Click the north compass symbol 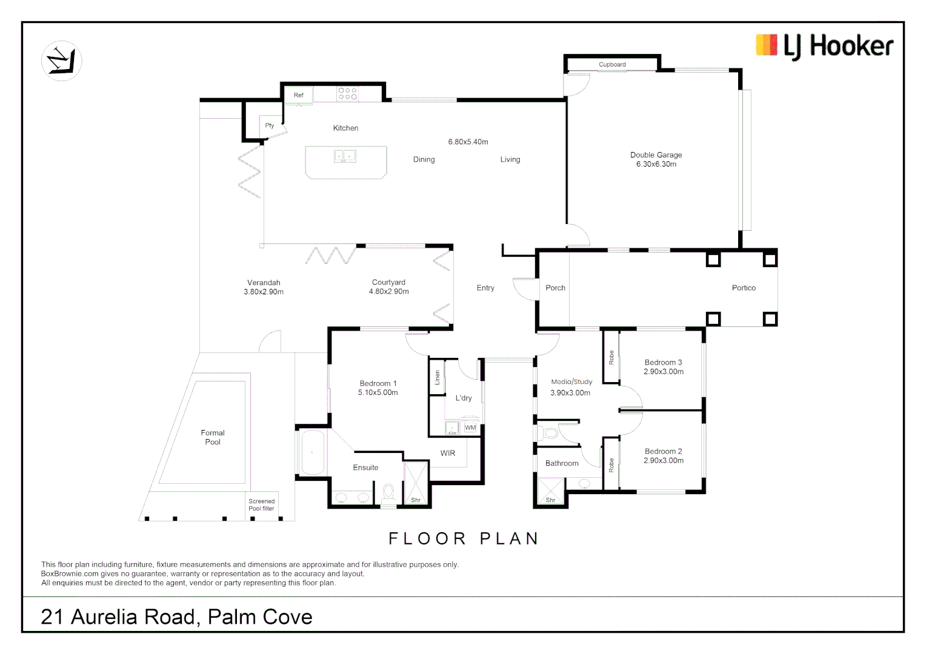tap(62, 61)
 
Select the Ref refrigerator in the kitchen tap(299, 95)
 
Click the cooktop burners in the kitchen tap(347, 94)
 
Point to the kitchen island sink tap(345, 156)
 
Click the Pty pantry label tap(270, 125)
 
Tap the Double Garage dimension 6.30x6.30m tap(656, 164)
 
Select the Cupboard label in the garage tap(612, 64)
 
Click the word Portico tap(744, 288)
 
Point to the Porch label tap(555, 288)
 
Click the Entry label tap(485, 288)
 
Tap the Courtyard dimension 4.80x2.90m tap(388, 291)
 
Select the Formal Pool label tap(213, 437)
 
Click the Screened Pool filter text tap(261, 505)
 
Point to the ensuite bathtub tap(313, 452)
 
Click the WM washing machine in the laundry tap(470, 428)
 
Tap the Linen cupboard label tap(438, 377)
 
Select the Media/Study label tap(571, 381)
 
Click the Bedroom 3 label tap(663, 362)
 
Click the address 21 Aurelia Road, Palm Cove tap(176, 617)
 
